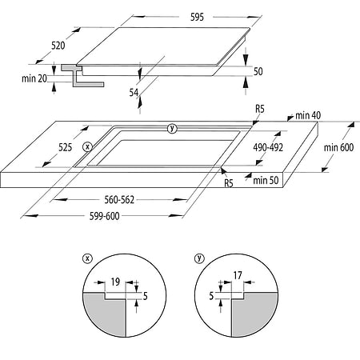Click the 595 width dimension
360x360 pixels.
[197, 17]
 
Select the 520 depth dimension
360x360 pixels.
[58, 46]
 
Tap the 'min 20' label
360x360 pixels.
[34, 78]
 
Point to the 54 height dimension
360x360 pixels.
[134, 93]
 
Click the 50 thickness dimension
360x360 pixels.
[258, 71]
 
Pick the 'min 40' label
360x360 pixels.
[308, 115]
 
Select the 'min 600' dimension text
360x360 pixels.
[338, 147]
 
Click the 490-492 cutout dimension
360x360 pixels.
[268, 147]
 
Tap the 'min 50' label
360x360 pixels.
[266, 180]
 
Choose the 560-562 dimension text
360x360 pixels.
[119, 200]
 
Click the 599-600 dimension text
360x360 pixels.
[105, 216]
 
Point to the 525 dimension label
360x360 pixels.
[66, 147]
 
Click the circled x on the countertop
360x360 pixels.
[87, 146]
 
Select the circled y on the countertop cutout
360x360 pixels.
[172, 129]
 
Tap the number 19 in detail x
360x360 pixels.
[115, 282]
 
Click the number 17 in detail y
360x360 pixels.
[238, 275]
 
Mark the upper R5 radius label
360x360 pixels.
[260, 109]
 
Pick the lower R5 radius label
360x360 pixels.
[229, 183]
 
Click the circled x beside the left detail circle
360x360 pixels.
[87, 258]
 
